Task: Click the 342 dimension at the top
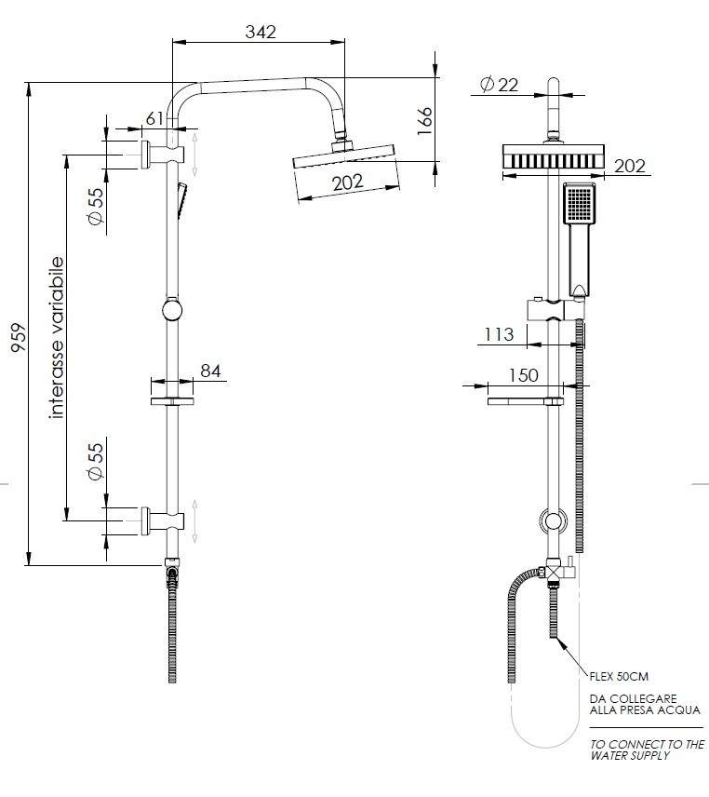pyautogui.click(x=261, y=32)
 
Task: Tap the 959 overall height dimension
pyautogui.click(x=19, y=337)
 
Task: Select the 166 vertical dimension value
pyautogui.click(x=424, y=121)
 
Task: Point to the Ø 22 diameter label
pyautogui.click(x=499, y=85)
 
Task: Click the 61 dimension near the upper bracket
pyautogui.click(x=154, y=118)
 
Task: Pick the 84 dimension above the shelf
pyautogui.click(x=210, y=371)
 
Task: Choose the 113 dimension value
pyautogui.click(x=499, y=334)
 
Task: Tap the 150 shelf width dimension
pyautogui.click(x=523, y=375)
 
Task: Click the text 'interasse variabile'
pyautogui.click(x=57, y=338)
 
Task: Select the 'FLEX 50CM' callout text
pyautogui.click(x=619, y=677)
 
